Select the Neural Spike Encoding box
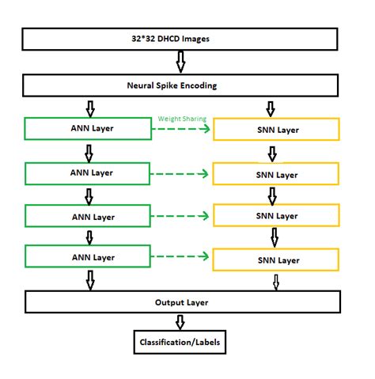pyautogui.click(x=182, y=85)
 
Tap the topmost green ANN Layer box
pyautogui.click(x=88, y=129)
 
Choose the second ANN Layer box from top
pyautogui.click(x=88, y=172)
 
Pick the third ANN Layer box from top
pyautogui.click(x=88, y=214)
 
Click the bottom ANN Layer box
pyautogui.click(x=88, y=257)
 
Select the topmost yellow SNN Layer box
pyautogui.click(x=277, y=131)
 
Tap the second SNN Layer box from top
pyautogui.click(x=277, y=174)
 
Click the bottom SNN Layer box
pyautogui.click(x=277, y=260)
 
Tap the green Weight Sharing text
pyautogui.click(x=183, y=119)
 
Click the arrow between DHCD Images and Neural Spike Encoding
pyautogui.click(x=180, y=62)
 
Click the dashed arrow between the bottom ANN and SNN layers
pyautogui.click(x=183, y=257)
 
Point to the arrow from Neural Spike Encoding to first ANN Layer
pyautogui.click(x=89, y=108)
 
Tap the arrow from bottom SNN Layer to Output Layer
pyautogui.click(x=276, y=281)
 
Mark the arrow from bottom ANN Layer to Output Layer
pyautogui.click(x=89, y=279)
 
